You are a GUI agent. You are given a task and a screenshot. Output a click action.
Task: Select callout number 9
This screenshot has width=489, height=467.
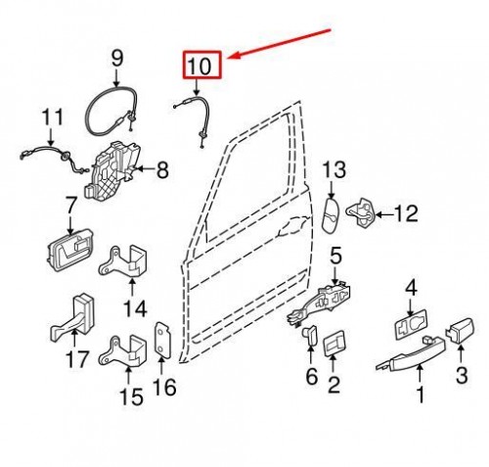[x=117, y=59]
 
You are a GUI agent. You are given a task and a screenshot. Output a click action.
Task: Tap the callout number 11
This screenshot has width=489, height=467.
[x=50, y=120]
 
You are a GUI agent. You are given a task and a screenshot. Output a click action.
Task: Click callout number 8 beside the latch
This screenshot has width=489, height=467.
[x=161, y=170]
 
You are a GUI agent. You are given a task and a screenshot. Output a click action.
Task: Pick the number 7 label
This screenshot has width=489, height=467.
[x=71, y=207]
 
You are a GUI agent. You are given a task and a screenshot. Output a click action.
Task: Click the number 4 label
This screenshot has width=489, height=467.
[x=411, y=288]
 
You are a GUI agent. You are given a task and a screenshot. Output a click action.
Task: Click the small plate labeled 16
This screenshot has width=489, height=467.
[x=163, y=341]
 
